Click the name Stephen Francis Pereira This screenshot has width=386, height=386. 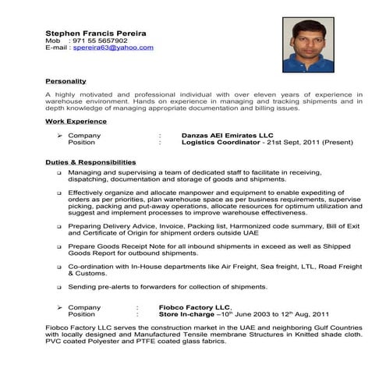tap(96, 33)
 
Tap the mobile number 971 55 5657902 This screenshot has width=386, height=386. tap(101, 41)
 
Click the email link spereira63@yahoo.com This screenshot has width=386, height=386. tap(114, 48)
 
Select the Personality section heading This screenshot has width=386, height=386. tap(66, 81)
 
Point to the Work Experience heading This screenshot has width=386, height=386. tap(76, 122)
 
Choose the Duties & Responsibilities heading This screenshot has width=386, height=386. tap(90, 162)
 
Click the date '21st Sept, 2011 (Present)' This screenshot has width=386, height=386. tap(306, 143)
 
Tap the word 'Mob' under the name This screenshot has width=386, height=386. tap(53, 41)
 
